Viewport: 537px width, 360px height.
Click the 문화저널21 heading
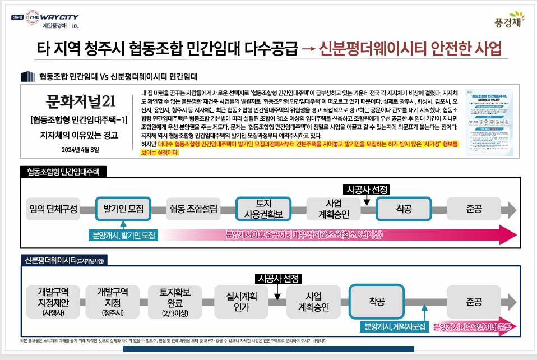[81, 101]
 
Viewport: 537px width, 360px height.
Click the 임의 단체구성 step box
[53, 209]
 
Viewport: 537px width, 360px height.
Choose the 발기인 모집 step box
[123, 209]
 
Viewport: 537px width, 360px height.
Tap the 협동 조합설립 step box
[193, 209]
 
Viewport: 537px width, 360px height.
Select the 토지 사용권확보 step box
[263, 209]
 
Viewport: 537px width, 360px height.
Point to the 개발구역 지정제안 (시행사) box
[53, 302]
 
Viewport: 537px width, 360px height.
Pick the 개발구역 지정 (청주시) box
[113, 302]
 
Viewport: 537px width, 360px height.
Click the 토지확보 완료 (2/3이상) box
[175, 302]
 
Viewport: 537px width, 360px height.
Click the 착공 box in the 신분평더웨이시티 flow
[377, 302]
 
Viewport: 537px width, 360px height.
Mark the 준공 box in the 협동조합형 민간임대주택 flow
[474, 209]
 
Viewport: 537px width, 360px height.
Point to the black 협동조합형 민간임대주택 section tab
[62, 172]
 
